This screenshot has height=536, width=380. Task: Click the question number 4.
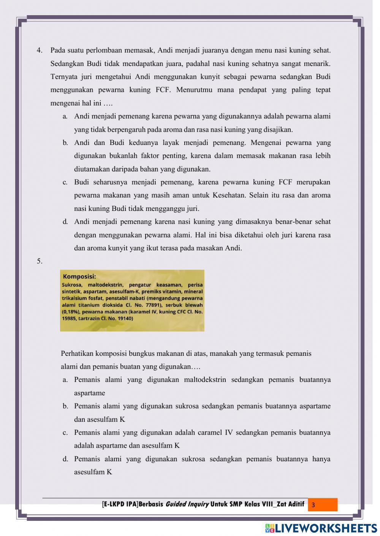(x=39, y=50)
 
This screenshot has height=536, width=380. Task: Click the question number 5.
(x=39, y=261)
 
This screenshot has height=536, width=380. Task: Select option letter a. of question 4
(x=65, y=116)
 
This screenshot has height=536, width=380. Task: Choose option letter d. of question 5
(x=65, y=459)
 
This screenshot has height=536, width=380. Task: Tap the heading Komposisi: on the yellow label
(x=79, y=277)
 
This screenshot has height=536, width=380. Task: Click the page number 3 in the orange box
(x=313, y=505)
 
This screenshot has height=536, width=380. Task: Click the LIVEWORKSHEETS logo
(x=321, y=528)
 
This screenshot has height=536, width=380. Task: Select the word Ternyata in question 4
(x=63, y=77)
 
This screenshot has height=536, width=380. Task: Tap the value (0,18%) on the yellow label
(x=70, y=312)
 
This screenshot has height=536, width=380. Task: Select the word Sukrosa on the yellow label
(x=72, y=285)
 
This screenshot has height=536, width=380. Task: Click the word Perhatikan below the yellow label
(x=77, y=354)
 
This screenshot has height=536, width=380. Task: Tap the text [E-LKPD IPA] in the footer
(x=120, y=505)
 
